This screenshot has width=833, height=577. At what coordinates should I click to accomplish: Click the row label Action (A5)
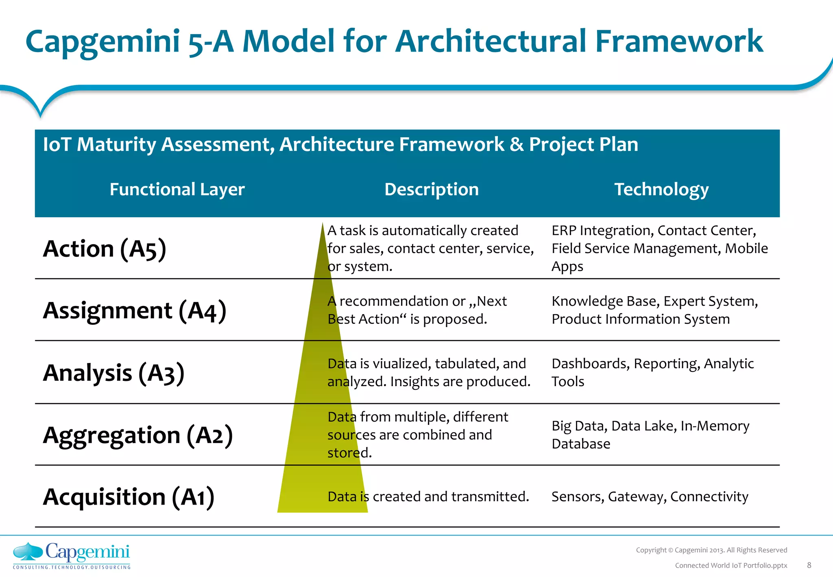point(105,249)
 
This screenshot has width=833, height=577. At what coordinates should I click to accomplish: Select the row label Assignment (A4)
point(134,310)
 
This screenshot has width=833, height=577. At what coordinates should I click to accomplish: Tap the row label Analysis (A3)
point(113,373)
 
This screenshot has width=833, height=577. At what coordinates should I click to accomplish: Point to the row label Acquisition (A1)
point(128,497)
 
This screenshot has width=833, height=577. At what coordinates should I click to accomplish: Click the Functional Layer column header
point(177,189)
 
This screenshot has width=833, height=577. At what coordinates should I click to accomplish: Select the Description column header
point(431,189)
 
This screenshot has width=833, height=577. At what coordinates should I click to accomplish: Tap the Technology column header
point(661,189)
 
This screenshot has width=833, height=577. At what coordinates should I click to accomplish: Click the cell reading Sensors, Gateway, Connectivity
point(650,496)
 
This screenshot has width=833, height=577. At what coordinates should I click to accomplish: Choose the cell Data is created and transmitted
point(428,496)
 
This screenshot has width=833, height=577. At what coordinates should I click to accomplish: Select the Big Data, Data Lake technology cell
point(650,435)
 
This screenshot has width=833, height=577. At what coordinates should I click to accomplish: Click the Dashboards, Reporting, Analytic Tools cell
point(652,372)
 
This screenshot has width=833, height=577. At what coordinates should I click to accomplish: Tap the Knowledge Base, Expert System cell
point(654,310)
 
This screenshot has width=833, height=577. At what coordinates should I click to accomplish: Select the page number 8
point(809,565)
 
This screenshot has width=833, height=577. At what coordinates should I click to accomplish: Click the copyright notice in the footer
point(711,550)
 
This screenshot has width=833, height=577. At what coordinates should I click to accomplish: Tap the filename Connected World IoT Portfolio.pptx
point(731,565)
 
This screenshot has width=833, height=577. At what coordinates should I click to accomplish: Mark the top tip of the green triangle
point(323,223)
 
